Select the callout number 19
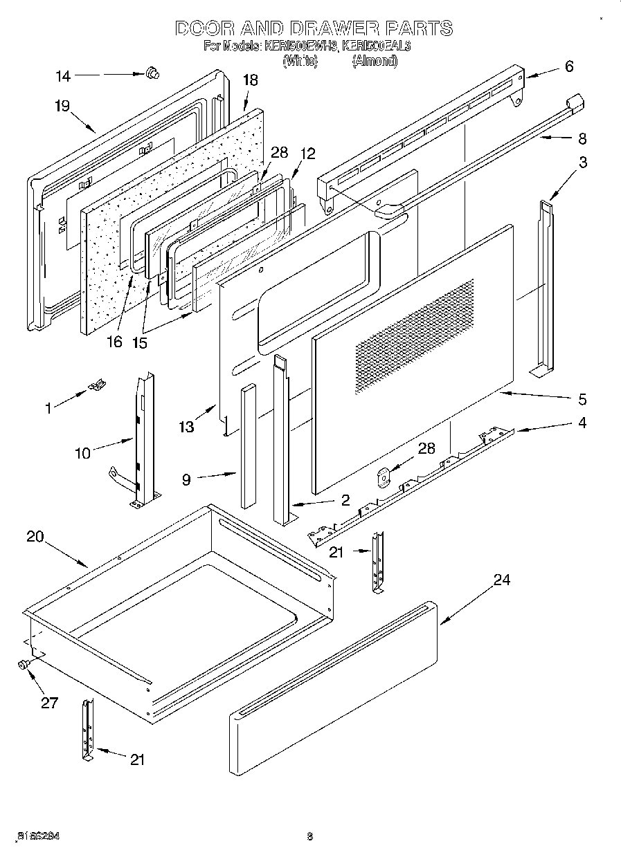[x=62, y=106]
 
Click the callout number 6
[x=569, y=66]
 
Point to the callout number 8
[x=582, y=138]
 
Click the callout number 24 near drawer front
[x=501, y=580]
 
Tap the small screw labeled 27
[x=23, y=664]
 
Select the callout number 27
[x=49, y=703]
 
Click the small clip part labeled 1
[x=98, y=385]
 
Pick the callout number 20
[x=35, y=536]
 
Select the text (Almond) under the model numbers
[x=375, y=61]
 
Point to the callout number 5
[x=582, y=399]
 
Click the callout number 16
[x=114, y=341]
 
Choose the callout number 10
[x=83, y=453]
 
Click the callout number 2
[x=344, y=499]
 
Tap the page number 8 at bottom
[x=310, y=836]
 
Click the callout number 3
[x=583, y=163]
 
